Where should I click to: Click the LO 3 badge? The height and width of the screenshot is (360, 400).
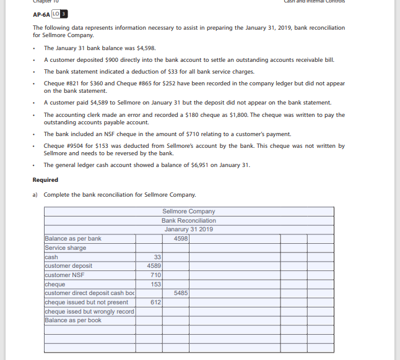[x=60, y=14]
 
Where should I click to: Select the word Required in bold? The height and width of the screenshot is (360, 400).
[x=45, y=180]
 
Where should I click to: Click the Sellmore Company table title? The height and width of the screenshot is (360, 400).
[x=188, y=212]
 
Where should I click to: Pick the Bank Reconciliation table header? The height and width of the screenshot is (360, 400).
[x=188, y=220]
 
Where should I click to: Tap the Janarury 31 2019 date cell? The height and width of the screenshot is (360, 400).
[x=188, y=229]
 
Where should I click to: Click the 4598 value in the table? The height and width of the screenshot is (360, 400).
[x=181, y=238]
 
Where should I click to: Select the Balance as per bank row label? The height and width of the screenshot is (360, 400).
[x=73, y=239]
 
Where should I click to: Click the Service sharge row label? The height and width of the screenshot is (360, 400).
[x=66, y=248]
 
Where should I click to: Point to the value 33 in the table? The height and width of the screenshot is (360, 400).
[x=157, y=257]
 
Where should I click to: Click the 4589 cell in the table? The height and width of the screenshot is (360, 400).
[x=154, y=266]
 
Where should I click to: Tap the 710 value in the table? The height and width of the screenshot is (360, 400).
[x=155, y=275]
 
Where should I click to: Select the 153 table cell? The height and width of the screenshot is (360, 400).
[x=155, y=284]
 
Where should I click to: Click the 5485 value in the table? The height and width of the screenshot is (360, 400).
[x=181, y=293]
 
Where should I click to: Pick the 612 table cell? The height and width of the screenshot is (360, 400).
[x=155, y=302]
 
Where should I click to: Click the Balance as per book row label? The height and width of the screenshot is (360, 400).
[x=73, y=320]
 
